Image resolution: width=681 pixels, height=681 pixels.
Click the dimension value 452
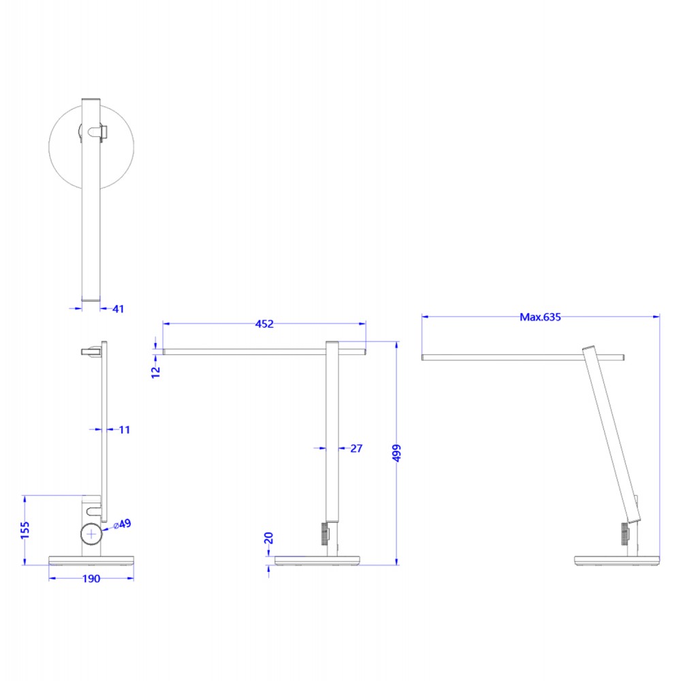264,324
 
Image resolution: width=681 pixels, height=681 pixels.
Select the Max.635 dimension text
540,317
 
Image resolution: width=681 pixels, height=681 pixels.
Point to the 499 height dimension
398,454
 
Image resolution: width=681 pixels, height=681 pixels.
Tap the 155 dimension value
25,529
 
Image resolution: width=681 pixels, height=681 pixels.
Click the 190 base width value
91,579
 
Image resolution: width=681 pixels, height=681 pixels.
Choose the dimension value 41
118,309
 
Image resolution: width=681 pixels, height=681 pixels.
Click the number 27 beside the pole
355,448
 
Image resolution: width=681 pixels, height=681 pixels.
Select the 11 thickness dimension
123,430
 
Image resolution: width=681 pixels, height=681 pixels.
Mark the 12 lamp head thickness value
155,370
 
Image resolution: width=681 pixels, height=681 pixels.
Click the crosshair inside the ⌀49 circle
91,535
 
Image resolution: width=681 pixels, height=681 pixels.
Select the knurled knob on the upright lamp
323,533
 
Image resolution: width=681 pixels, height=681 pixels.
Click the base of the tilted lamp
616,560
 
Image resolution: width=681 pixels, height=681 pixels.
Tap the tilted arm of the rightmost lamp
609,436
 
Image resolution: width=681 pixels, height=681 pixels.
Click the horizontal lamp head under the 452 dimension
245,352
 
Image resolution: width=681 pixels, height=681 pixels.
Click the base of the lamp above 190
91,560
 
